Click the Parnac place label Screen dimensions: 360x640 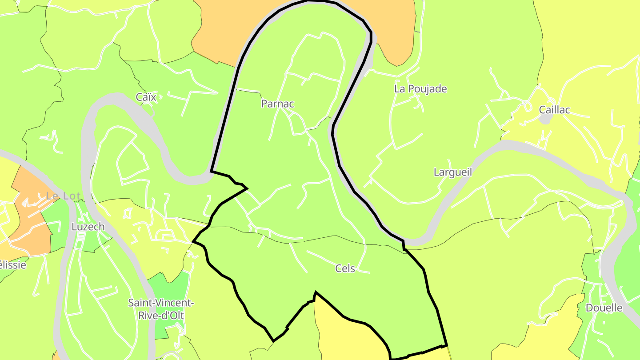coord(277,104)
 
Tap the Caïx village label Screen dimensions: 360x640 coord(146,97)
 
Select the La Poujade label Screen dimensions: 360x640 coord(420,89)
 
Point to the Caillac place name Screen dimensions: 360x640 coord(554,110)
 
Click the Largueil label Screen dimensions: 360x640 coord(452,172)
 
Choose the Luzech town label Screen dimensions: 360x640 coord(88,227)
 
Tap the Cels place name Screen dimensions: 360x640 coord(345,268)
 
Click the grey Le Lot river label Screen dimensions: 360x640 coord(63,196)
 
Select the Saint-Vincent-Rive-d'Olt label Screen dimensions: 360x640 coord(160,309)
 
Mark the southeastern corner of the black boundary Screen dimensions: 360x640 coord(446,345)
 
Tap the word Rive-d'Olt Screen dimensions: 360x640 coord(160,316)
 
